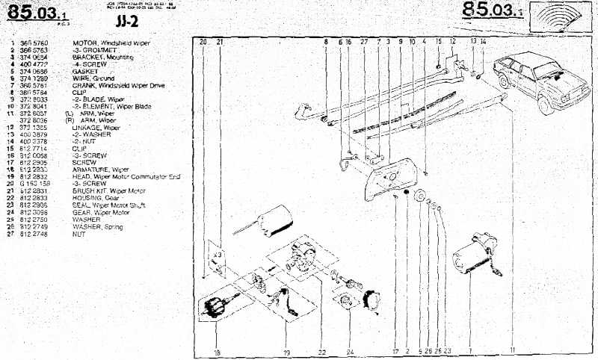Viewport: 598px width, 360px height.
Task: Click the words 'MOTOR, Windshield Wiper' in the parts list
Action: click(x=111, y=43)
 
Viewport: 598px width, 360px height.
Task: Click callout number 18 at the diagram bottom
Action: click(x=218, y=351)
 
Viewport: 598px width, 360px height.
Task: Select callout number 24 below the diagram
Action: click(x=350, y=351)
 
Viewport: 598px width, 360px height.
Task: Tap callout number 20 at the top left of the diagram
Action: click(x=203, y=43)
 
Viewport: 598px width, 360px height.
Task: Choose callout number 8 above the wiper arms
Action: click(x=326, y=43)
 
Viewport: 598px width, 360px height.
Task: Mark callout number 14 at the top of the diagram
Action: click(x=484, y=43)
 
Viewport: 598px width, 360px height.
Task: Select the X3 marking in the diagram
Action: click(x=217, y=255)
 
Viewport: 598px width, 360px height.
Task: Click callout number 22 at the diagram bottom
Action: click(x=321, y=351)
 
